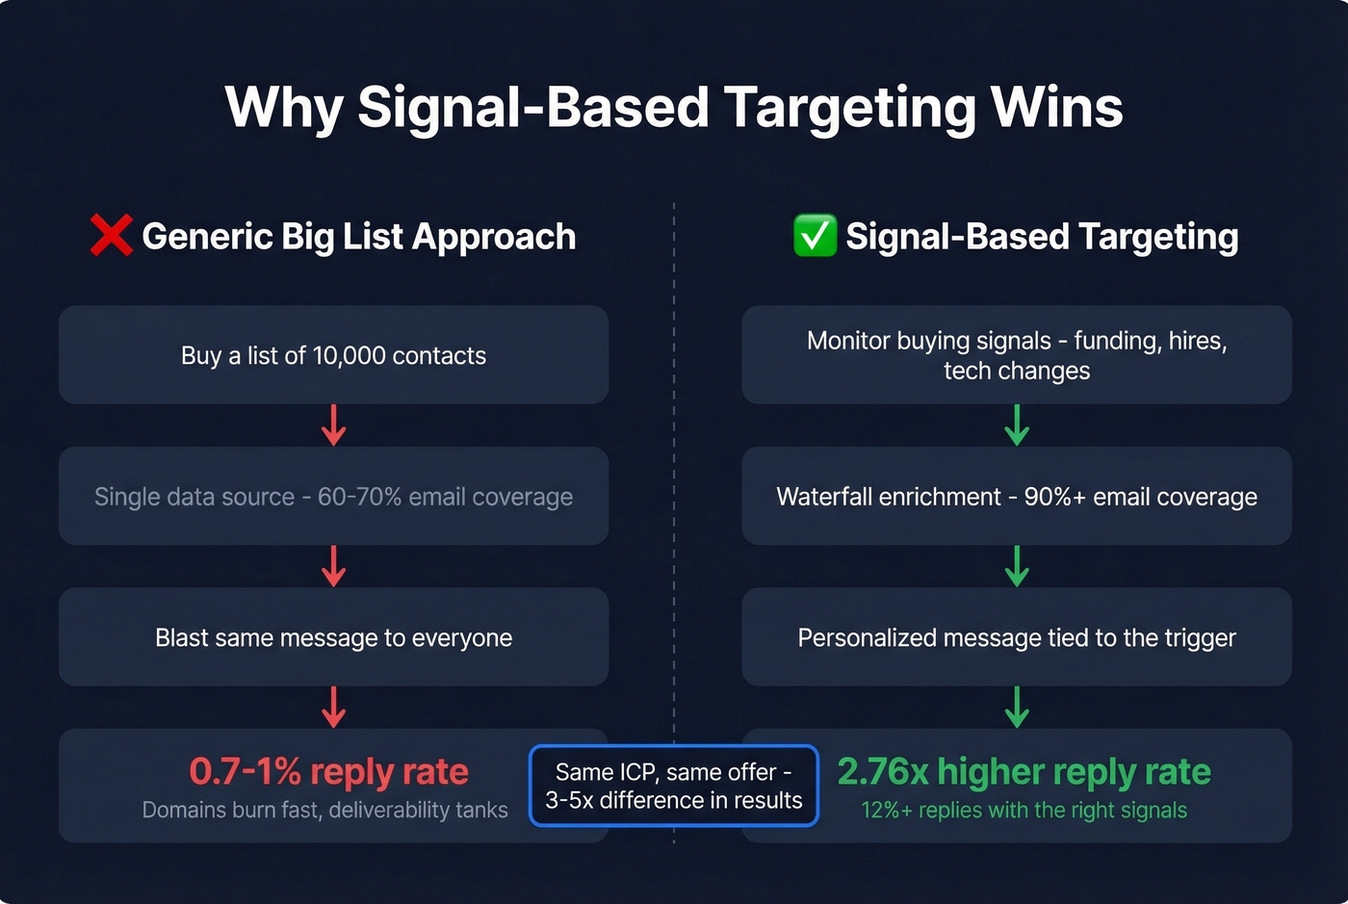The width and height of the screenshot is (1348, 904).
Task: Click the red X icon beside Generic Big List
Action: click(x=111, y=236)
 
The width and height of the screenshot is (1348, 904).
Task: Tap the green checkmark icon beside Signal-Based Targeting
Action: click(x=815, y=236)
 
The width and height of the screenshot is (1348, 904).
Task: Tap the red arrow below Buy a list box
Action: click(x=333, y=425)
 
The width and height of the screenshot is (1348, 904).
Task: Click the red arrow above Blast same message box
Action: click(x=333, y=566)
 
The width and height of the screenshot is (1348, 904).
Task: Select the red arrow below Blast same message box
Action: click(x=333, y=707)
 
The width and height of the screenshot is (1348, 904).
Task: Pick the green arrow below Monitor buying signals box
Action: click(x=1017, y=425)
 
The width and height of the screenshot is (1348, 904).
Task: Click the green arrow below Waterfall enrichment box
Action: click(x=1017, y=566)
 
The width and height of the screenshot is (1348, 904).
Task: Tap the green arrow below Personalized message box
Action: click(x=1017, y=707)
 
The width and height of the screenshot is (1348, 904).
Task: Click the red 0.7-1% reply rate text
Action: click(x=328, y=771)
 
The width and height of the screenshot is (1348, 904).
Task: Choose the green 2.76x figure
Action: click(x=883, y=771)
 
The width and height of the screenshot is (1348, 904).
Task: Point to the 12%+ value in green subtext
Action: click(x=886, y=810)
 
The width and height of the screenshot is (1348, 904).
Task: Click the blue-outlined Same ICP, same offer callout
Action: click(x=673, y=786)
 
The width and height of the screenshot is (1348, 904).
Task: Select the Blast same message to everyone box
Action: click(x=333, y=637)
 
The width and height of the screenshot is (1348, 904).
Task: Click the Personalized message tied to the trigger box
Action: click(x=1017, y=637)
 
